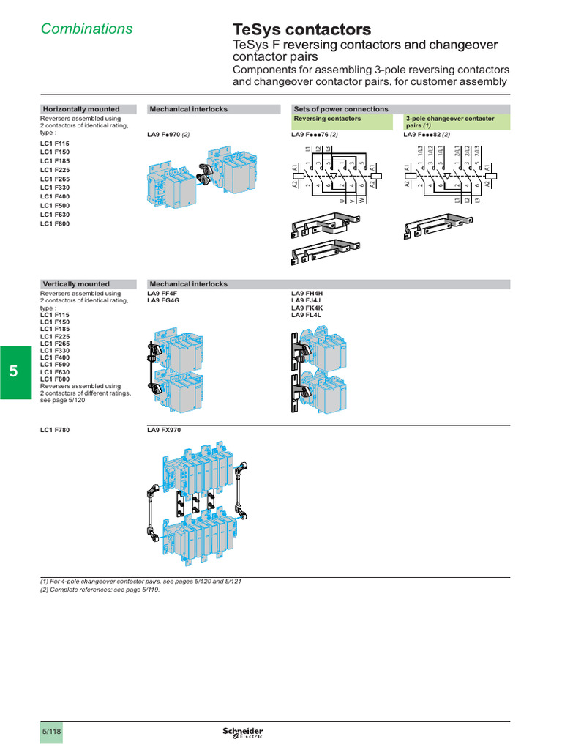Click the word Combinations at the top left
coord(86,29)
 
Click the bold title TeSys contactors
coord(301,30)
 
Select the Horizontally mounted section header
coord(81,109)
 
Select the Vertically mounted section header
coord(76,284)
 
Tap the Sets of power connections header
coord(340,109)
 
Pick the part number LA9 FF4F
coord(162,294)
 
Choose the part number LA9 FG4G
coord(163,300)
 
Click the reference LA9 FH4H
coord(307,294)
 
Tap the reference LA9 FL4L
coord(307,315)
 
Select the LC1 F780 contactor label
coord(55,430)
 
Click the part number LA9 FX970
coord(164,430)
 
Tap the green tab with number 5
coord(13,371)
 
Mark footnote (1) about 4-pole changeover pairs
coord(140,581)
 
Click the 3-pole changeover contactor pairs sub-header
coord(449,122)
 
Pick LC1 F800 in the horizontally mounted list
coord(55,223)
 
